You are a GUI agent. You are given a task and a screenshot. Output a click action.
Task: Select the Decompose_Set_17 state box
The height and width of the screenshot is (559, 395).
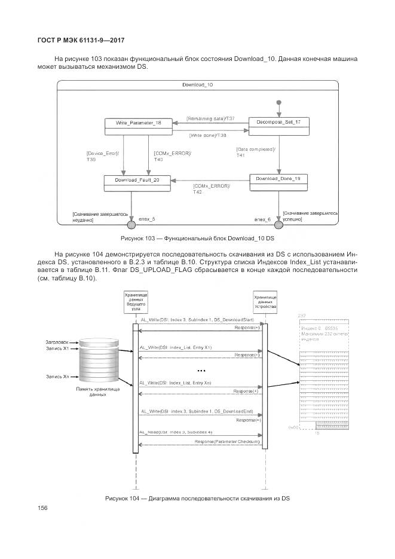tap(278, 122)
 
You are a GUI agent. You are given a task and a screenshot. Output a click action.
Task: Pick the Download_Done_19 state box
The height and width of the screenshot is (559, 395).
tap(278, 179)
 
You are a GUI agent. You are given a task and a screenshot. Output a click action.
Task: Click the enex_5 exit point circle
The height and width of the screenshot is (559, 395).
tap(131, 225)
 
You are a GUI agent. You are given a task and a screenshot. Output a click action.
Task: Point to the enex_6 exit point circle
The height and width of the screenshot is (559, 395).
tap(278, 225)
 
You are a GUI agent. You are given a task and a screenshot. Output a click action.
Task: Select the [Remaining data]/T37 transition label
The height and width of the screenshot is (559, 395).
tap(211, 119)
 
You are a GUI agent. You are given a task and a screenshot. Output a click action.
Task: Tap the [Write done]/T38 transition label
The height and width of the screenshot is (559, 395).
tap(209, 135)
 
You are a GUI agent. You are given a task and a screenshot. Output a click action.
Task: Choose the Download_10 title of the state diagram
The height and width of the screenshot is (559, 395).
tap(197, 85)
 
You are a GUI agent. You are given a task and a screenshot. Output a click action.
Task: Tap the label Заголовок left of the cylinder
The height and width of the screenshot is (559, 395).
tap(56, 341)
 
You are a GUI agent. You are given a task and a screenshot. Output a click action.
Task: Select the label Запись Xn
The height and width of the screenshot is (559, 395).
tap(57, 377)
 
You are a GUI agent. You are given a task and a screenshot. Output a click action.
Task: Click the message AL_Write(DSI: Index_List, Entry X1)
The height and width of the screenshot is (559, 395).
tap(176, 347)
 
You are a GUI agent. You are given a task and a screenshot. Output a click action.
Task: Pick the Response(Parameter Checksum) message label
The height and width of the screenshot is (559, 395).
tap(228, 441)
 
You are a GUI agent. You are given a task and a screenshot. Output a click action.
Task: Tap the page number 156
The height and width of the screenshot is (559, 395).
tap(42, 508)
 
